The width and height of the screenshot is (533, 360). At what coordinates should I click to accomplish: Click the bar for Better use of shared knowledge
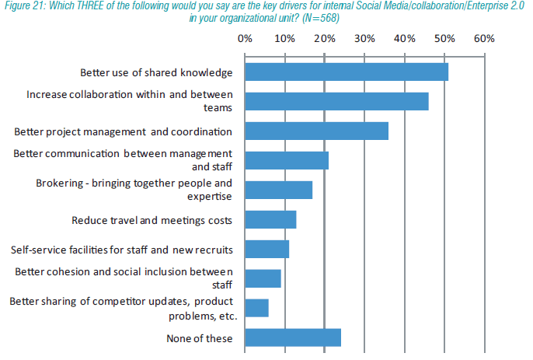[x=347, y=72]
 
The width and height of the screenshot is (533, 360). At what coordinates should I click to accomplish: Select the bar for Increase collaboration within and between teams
[x=336, y=101]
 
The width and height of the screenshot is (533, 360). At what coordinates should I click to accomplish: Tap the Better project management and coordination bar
[x=316, y=131]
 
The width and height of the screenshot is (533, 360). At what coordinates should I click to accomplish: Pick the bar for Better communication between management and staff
[x=287, y=160]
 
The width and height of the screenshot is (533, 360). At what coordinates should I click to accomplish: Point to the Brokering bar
[x=278, y=190]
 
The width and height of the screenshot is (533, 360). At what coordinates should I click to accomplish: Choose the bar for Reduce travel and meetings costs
[x=270, y=220]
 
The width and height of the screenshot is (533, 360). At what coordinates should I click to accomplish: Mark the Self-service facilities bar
[x=266, y=250]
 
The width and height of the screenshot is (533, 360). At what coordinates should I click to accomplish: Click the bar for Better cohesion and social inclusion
[x=263, y=278]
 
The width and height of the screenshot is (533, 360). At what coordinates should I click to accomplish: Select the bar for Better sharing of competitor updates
[x=256, y=308]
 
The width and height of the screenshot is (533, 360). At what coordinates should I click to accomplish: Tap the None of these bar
[x=293, y=337]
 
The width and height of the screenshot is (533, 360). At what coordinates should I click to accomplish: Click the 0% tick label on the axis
[x=245, y=38]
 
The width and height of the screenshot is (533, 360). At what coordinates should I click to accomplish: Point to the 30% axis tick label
[x=364, y=38]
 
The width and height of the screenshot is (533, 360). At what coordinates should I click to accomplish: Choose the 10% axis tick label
[x=284, y=38]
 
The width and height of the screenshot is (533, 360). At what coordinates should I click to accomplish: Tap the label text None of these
[x=199, y=338]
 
